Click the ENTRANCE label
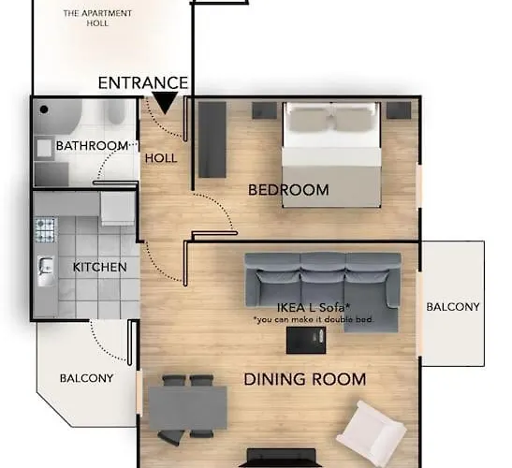coord(143,83)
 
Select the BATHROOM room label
coord(92,146)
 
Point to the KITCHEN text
coord(99,268)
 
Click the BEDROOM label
coord(288,191)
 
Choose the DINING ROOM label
coord(304,380)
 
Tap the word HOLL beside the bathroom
coord(161,158)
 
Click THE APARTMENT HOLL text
coord(97,18)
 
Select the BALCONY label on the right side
coord(453,307)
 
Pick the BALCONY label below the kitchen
coord(86,379)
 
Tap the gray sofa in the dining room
coord(323,278)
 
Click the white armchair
coord(372,429)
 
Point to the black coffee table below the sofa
coord(307,341)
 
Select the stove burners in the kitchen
coord(45,230)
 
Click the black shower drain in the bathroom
coord(43,110)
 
